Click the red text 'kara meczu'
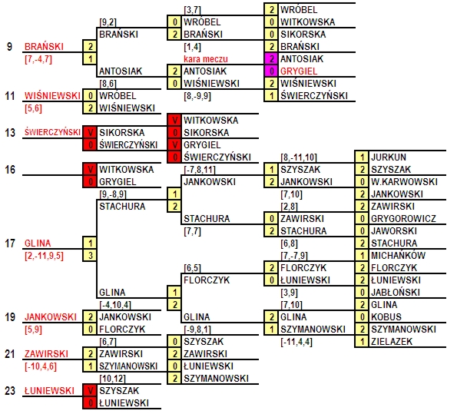pos(206,59)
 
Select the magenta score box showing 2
pos(271,58)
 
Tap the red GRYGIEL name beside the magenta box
pos(299,71)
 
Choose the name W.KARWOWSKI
pos(404,181)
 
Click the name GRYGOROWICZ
pos(403,219)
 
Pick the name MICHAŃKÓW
pos(398,256)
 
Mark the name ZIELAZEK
pos(392,341)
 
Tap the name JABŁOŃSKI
pos(396,292)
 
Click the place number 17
pos(10,243)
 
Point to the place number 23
pos(10,391)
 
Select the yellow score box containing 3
pos(90,256)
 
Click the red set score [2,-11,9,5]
pos(44,256)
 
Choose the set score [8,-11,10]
pos(299,157)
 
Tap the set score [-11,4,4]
pos(296,342)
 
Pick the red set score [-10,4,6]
pos(41,366)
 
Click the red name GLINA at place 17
pos(38,243)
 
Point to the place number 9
pos(10,47)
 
